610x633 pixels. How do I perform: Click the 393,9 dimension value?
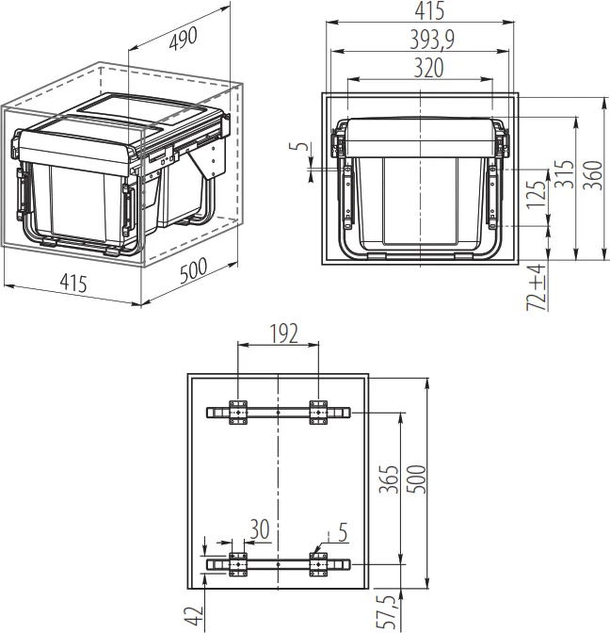click(x=419, y=39)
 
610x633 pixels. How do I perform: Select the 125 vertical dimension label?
click(x=536, y=195)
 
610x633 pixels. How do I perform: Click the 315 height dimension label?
click(x=563, y=173)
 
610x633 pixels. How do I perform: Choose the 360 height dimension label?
click(x=591, y=173)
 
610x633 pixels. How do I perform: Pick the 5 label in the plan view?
click(x=342, y=533)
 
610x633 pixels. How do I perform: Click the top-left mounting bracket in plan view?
click(x=236, y=413)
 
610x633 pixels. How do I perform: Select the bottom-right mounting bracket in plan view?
click(x=319, y=563)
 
